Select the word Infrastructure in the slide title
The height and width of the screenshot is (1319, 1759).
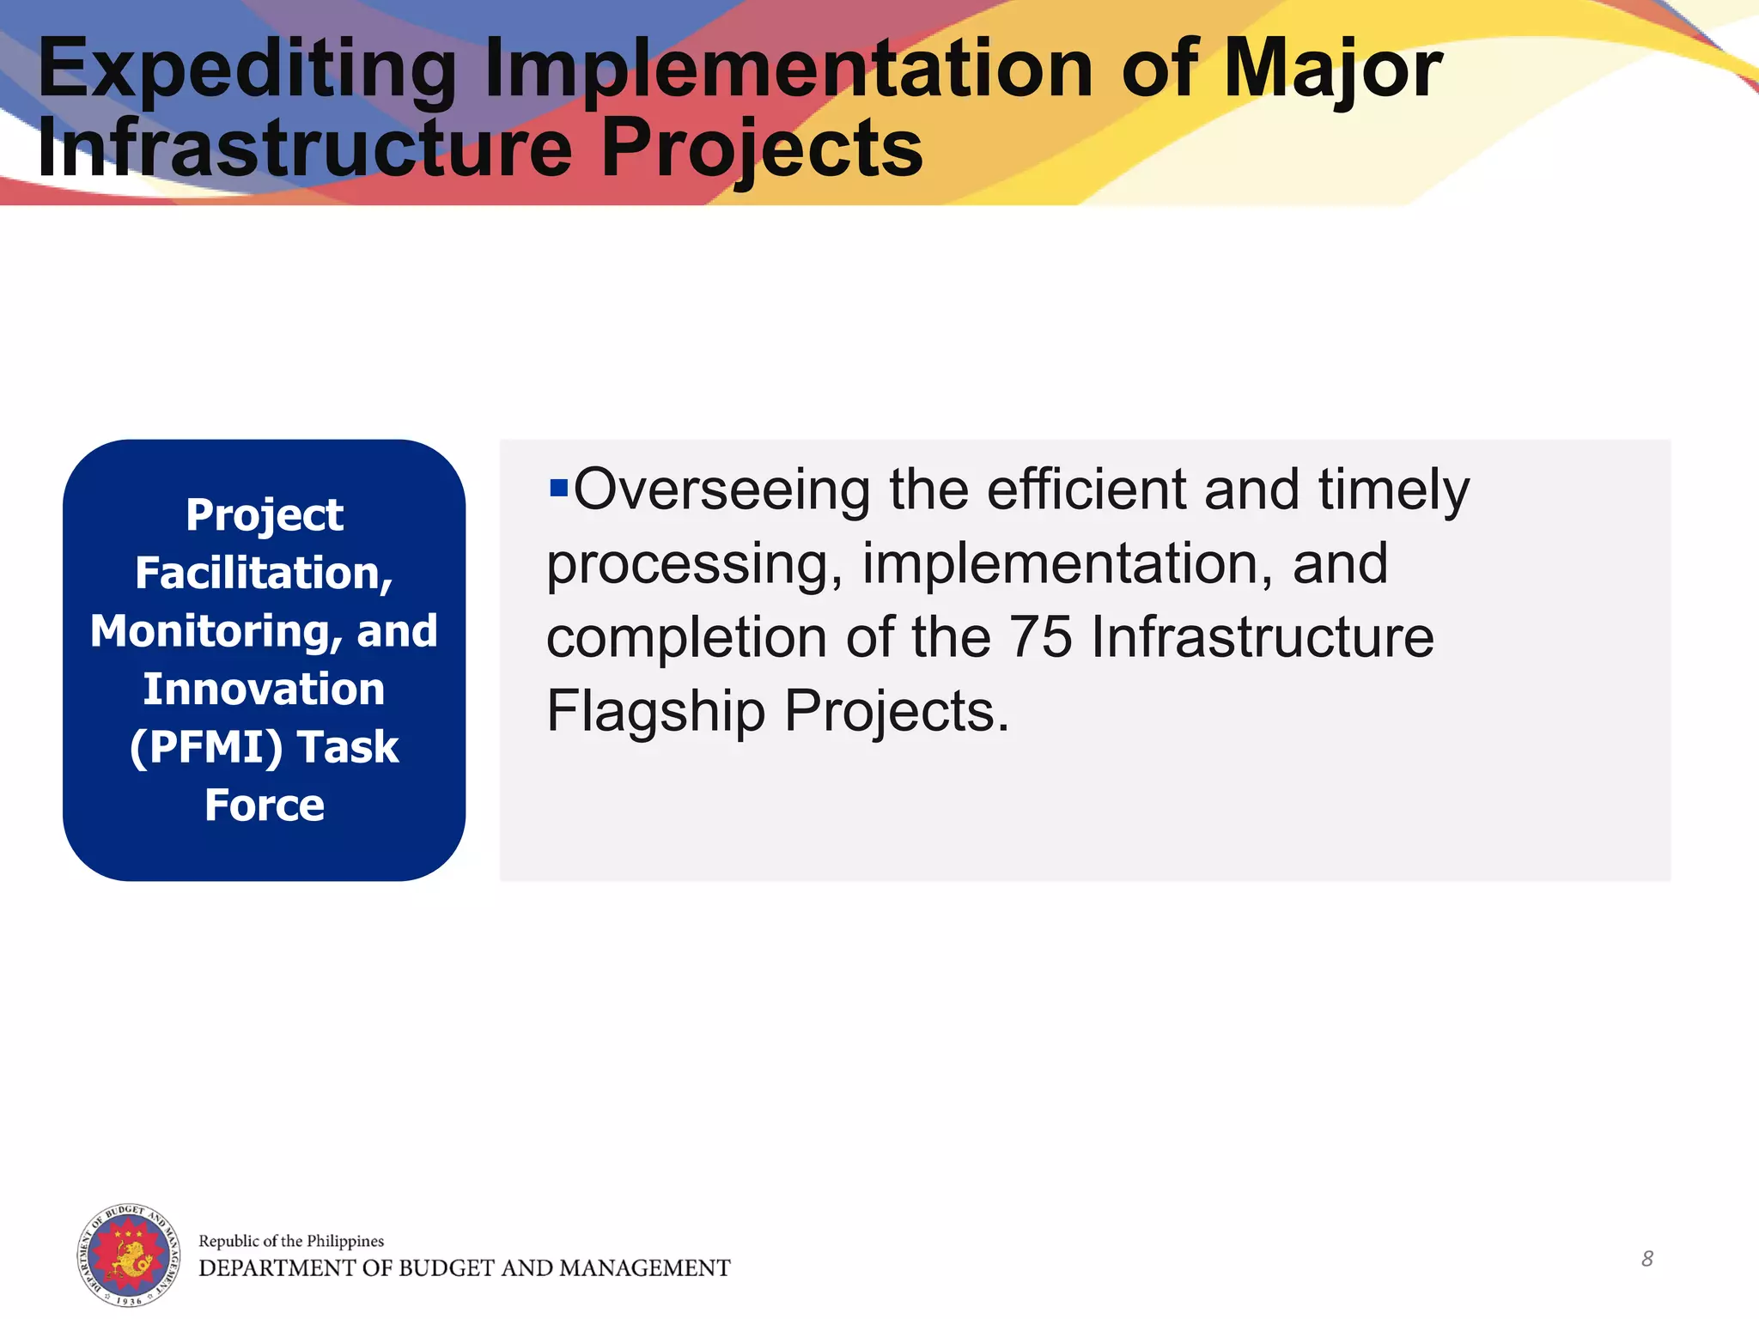coord(305,148)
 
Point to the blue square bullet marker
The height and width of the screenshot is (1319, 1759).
coord(558,489)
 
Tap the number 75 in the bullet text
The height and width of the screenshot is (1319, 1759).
coord(1040,637)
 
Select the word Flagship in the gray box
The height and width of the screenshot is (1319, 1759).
coord(655,712)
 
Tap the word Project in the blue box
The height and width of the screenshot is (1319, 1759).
coord(265,515)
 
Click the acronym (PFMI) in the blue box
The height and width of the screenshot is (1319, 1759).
coord(206,747)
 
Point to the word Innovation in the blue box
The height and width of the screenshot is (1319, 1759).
coord(264,690)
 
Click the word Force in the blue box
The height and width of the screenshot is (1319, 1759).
coord(265,805)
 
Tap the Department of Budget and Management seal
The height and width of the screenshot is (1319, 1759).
coord(129,1255)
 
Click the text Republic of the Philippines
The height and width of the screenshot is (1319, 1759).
coord(291,1241)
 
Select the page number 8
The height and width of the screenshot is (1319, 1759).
coord(1646,1259)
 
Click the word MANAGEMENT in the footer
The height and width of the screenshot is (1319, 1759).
coord(644,1268)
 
